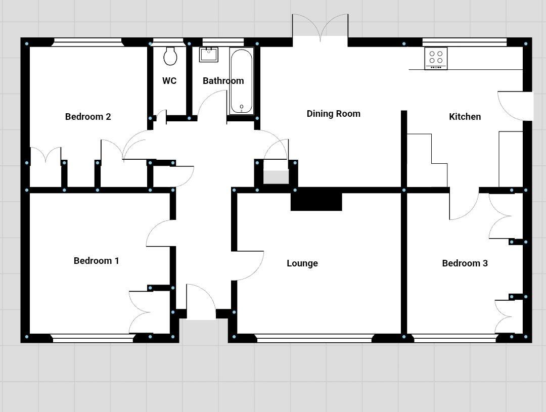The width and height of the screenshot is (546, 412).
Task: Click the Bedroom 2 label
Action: pyautogui.click(x=88, y=117)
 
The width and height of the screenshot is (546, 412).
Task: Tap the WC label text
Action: pyautogui.click(x=169, y=81)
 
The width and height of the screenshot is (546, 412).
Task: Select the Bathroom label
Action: pyautogui.click(x=223, y=81)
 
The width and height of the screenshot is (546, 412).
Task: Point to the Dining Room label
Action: pyautogui.click(x=333, y=114)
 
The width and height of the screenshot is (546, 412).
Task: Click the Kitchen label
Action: pyautogui.click(x=465, y=117)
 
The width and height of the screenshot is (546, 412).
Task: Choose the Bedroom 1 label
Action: pyautogui.click(x=96, y=261)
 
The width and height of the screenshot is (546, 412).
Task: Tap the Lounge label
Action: pyautogui.click(x=302, y=263)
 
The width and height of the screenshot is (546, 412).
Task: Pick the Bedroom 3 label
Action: pyautogui.click(x=465, y=263)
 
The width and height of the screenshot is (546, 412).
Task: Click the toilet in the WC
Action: pyautogui.click(x=170, y=56)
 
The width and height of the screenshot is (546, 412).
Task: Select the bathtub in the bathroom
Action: pyautogui.click(x=242, y=81)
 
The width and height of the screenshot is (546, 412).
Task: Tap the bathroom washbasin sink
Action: pyautogui.click(x=208, y=54)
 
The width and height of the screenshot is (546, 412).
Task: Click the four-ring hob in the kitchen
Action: pyautogui.click(x=436, y=58)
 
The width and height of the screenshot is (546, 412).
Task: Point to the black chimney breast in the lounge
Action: pyautogui.click(x=316, y=201)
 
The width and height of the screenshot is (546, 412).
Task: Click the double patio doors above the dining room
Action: pyautogui.click(x=320, y=28)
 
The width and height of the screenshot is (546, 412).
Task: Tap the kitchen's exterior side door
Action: pyautogui.click(x=516, y=106)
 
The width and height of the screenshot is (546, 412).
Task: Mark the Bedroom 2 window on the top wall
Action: pyautogui.click(x=88, y=43)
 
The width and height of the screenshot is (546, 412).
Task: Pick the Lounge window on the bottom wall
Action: pyautogui.click(x=314, y=339)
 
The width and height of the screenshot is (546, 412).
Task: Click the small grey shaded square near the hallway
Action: pyautogui.click(x=276, y=177)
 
